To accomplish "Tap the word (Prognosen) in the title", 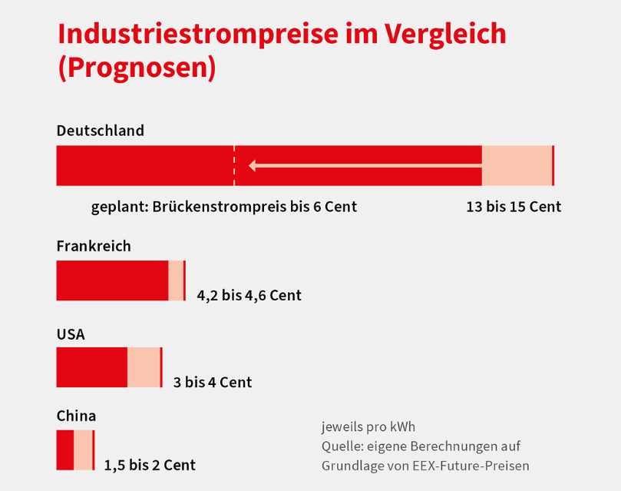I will (137, 68).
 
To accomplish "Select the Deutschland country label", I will (100, 131).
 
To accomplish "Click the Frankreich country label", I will (94, 247).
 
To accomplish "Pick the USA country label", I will (71, 335).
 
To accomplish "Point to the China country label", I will (76, 416).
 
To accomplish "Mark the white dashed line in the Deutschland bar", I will (234, 165).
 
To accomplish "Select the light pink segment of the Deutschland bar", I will (517, 165).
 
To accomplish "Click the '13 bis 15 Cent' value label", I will (514, 207).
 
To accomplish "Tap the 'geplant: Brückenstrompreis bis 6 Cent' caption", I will (224, 207).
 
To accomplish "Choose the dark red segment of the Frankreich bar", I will (112, 280).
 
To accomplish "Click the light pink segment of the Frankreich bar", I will (176, 280).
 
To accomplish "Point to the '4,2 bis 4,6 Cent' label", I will (249, 295).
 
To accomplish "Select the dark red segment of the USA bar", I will (91, 367).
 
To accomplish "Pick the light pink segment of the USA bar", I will (144, 367).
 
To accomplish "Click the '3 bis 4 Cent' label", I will (213, 382).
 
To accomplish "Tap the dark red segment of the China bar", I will (64, 450).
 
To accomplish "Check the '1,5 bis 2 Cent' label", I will (150, 465).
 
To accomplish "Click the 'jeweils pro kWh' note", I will (368, 427).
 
